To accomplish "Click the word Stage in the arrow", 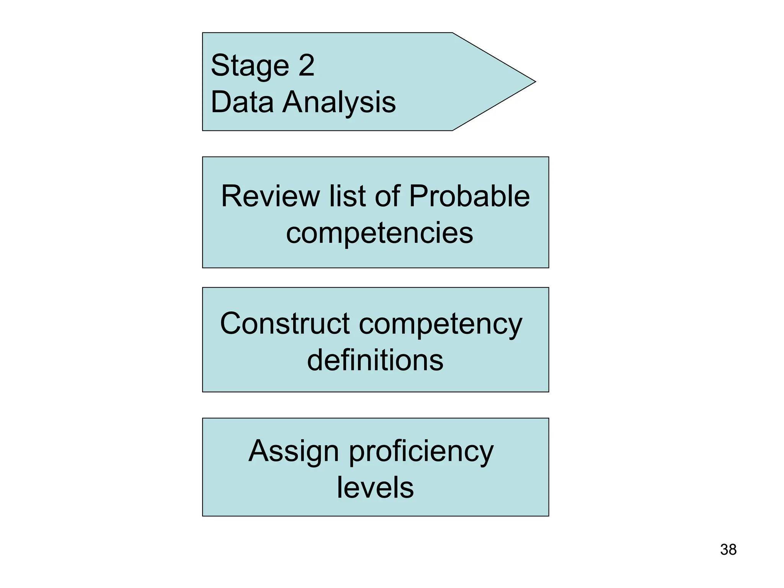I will pos(250,66).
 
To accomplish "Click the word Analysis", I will pos(339,103).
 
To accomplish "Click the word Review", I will pos(270,196).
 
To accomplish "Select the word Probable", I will pos(469,196).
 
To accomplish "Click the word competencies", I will pos(379,234).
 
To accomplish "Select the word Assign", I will pos(294,452).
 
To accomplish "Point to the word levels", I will pos(375,488).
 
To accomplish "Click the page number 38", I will pos(728,550).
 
